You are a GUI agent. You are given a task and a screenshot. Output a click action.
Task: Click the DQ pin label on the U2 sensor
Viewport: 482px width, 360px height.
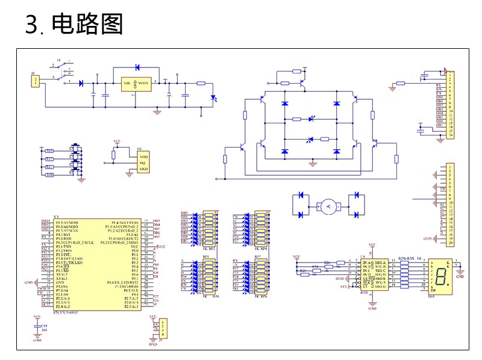143,163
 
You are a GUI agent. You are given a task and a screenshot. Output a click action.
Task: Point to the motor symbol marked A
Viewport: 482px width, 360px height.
328,206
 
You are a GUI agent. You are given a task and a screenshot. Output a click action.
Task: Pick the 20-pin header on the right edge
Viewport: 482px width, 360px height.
449,205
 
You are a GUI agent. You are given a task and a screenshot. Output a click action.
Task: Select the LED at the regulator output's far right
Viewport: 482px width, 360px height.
213,98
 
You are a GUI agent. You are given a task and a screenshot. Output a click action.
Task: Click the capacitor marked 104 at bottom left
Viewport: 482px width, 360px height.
37,327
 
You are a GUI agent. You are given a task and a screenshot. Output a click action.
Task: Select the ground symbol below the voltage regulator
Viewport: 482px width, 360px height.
157,111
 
